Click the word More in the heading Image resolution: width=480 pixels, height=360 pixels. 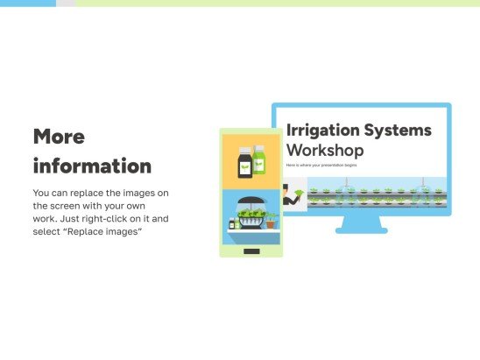coord(59,137)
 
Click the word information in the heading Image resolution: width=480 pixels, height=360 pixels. coord(92,166)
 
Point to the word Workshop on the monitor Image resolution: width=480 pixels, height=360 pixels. coord(324,150)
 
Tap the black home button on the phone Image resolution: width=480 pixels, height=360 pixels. coord(251,251)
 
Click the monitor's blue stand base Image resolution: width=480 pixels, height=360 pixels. coord(361,229)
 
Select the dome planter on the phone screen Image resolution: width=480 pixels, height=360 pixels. coord(251,215)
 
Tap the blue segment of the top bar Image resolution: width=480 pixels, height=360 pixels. coord(27,3)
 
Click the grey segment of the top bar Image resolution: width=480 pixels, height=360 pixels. coord(65,3)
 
